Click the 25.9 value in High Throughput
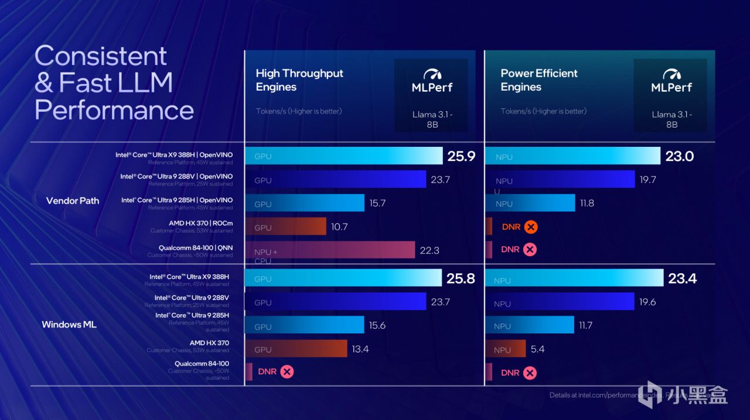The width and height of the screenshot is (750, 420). click(x=461, y=156)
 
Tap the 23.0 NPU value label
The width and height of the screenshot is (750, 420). click(x=680, y=156)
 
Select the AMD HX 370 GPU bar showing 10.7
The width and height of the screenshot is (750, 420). click(x=285, y=227)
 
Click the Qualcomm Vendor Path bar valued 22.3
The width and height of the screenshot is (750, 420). click(x=330, y=250)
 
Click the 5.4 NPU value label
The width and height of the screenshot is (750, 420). click(x=537, y=349)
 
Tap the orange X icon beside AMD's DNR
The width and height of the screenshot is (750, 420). click(x=531, y=227)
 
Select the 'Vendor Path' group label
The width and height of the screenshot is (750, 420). click(x=73, y=201)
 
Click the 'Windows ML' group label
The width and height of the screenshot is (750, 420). click(x=69, y=324)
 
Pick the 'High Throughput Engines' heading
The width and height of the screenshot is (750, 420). click(x=299, y=80)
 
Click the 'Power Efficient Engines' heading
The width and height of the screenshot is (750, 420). click(x=539, y=80)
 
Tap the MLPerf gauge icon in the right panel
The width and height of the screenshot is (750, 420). click(x=671, y=74)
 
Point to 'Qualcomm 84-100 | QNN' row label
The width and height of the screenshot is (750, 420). click(x=195, y=248)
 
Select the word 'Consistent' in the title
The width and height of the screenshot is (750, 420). click(x=101, y=57)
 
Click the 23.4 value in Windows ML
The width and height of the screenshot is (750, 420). click(x=682, y=278)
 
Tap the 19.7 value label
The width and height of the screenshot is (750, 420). click(x=647, y=180)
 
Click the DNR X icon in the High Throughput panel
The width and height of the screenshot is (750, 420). click(x=287, y=371)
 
